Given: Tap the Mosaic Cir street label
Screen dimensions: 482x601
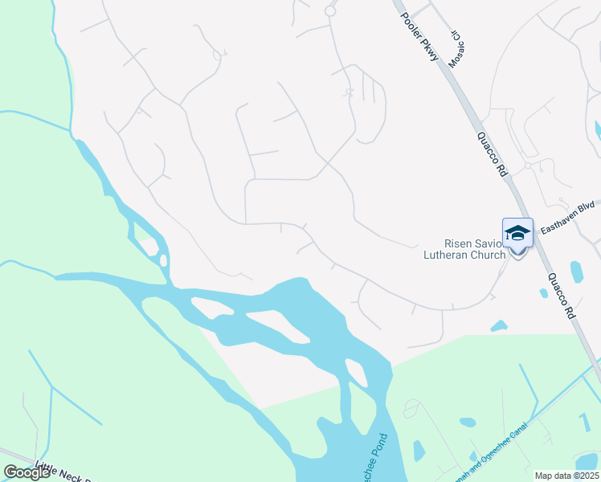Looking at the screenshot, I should (x=456, y=49).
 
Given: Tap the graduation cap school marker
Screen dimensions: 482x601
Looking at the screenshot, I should (x=517, y=233).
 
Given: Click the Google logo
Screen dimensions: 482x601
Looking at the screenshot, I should (x=27, y=472).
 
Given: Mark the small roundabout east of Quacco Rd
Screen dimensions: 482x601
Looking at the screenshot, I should (x=528, y=165).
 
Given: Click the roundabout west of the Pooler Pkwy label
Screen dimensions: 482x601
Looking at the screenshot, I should (x=329, y=10).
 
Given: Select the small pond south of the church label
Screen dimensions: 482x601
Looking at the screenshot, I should (x=498, y=326).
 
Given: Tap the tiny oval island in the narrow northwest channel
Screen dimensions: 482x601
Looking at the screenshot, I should (x=163, y=260).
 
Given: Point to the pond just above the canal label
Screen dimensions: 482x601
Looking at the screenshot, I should (x=468, y=421).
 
